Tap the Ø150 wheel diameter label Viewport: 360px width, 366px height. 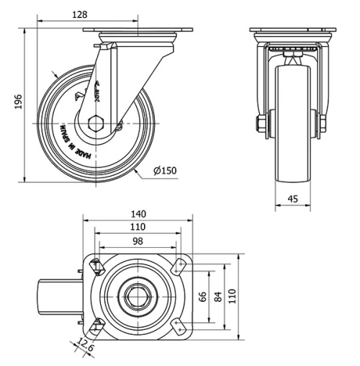tap(165, 171)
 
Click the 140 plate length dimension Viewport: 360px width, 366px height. tap(138, 214)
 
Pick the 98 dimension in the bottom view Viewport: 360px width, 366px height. tap(138, 241)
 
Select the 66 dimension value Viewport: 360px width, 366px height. tap(203, 296)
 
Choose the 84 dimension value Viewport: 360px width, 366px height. tap(217, 296)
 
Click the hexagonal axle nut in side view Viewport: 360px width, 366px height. tap(96, 123)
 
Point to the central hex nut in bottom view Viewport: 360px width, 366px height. tap(137, 295)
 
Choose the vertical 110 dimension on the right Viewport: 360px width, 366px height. tap(232, 296)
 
